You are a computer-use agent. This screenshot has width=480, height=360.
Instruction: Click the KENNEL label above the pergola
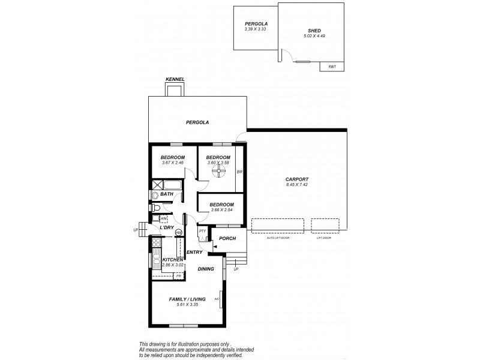175,79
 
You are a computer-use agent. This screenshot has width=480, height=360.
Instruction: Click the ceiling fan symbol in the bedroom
220,173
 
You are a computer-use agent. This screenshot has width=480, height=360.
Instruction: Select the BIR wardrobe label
239,172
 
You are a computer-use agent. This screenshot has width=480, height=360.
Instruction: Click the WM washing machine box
155,218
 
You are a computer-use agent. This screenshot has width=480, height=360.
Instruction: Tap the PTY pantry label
202,230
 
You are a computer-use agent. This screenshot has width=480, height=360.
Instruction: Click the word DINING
206,269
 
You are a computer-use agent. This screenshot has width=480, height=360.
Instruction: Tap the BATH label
166,194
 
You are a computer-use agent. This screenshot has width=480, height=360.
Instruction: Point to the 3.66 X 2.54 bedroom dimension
220,211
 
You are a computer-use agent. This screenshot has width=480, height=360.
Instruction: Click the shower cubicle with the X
157,185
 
